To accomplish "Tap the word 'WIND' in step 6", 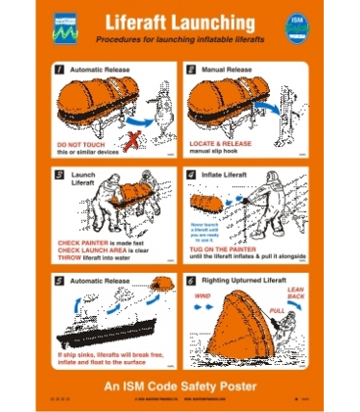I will click(x=203, y=290).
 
